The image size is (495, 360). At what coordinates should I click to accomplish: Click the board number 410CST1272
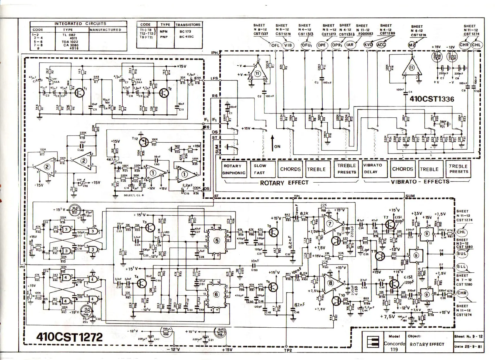pos(69,337)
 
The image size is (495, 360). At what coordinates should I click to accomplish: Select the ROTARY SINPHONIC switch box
pos(234,169)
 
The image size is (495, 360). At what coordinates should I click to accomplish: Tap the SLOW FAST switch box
pos(262,169)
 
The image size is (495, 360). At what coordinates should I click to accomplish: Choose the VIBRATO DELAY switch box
pos(375,169)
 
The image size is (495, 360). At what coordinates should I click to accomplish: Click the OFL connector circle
pos(275,45)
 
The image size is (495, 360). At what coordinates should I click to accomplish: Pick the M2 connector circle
pos(412,45)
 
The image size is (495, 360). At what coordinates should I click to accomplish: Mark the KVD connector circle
pos(368,45)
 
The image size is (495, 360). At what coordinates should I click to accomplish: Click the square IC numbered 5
pos(217,241)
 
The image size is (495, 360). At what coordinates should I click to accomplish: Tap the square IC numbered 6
pos(216,294)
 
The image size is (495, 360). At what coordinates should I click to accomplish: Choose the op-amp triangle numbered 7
pos(330,224)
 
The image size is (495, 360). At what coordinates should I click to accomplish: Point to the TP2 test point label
pos(288,350)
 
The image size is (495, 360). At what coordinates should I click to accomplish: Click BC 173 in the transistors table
pos(185,31)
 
